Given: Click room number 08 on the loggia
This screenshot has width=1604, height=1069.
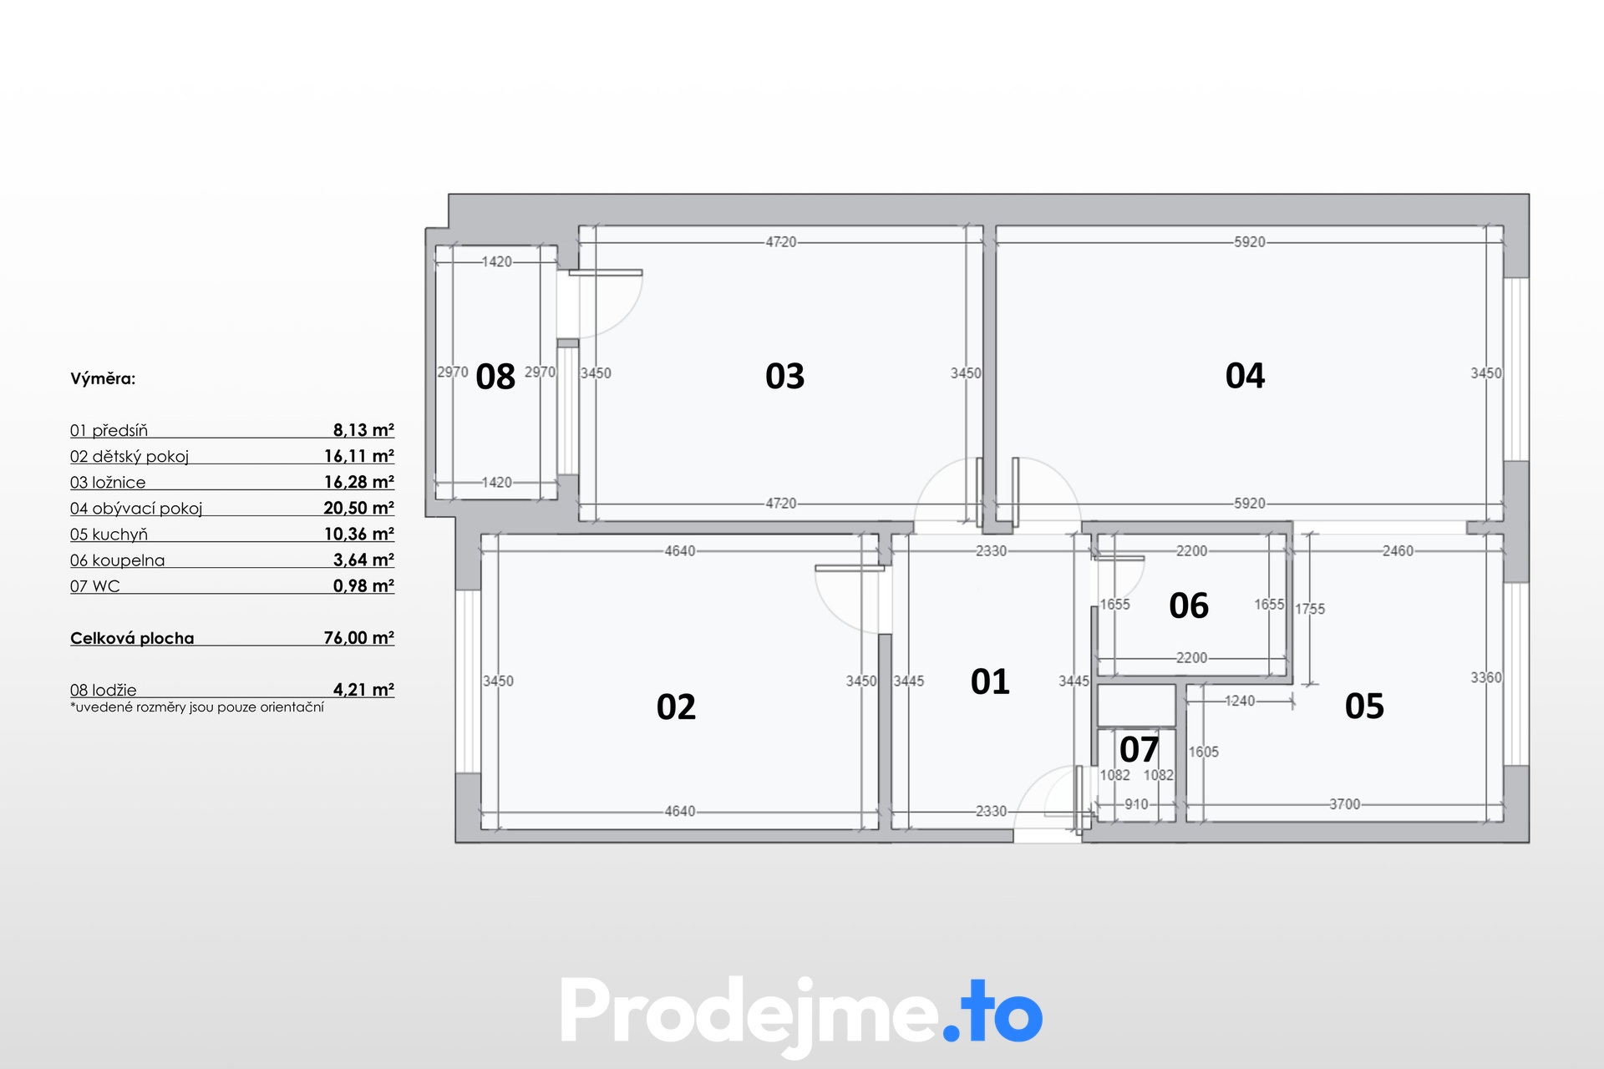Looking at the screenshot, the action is pyautogui.click(x=495, y=377).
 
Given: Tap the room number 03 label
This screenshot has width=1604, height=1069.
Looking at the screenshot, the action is pyautogui.click(x=784, y=376).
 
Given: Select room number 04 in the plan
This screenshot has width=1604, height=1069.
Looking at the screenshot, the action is pyautogui.click(x=1245, y=375).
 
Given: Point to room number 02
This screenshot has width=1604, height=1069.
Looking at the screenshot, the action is pyautogui.click(x=676, y=707).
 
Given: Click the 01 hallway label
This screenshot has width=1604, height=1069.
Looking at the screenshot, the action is pyautogui.click(x=990, y=681).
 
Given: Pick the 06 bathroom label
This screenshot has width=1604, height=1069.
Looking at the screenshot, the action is pyautogui.click(x=1189, y=605).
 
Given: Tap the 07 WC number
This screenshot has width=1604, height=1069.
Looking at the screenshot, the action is pyautogui.click(x=1139, y=749).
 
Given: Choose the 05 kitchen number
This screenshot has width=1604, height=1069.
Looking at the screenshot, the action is pyautogui.click(x=1364, y=706).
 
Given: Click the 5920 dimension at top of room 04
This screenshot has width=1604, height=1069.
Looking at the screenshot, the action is pyautogui.click(x=1250, y=242).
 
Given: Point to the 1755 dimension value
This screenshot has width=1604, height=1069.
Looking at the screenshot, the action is pyautogui.click(x=1310, y=609).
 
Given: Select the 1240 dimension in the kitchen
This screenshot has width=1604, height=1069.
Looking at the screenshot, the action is pyautogui.click(x=1240, y=701).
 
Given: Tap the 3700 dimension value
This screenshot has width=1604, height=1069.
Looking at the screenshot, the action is pyautogui.click(x=1345, y=804).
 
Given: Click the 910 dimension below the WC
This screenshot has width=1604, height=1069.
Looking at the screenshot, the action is pyautogui.click(x=1136, y=804).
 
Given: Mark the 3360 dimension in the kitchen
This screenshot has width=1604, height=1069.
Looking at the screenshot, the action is pyautogui.click(x=1486, y=677).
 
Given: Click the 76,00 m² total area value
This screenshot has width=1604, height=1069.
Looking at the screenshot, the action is pyautogui.click(x=359, y=637).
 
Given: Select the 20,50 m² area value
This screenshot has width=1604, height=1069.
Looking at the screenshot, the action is pyautogui.click(x=359, y=508).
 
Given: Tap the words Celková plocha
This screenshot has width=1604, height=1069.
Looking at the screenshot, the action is pyautogui.click(x=132, y=638).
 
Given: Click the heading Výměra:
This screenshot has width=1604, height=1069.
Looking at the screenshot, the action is pyautogui.click(x=103, y=378).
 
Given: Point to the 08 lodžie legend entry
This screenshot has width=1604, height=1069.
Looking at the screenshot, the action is pyautogui.click(x=104, y=690).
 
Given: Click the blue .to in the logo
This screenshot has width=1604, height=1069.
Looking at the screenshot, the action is pyautogui.click(x=993, y=1012).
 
